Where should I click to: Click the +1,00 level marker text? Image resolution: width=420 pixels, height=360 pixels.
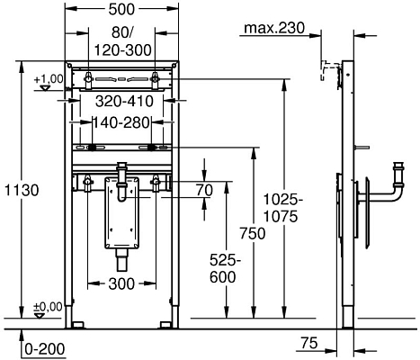click(49, 80)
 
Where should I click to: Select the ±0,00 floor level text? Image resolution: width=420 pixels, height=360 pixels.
click(49, 307)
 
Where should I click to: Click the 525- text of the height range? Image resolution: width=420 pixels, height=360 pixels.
click(223, 260)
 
